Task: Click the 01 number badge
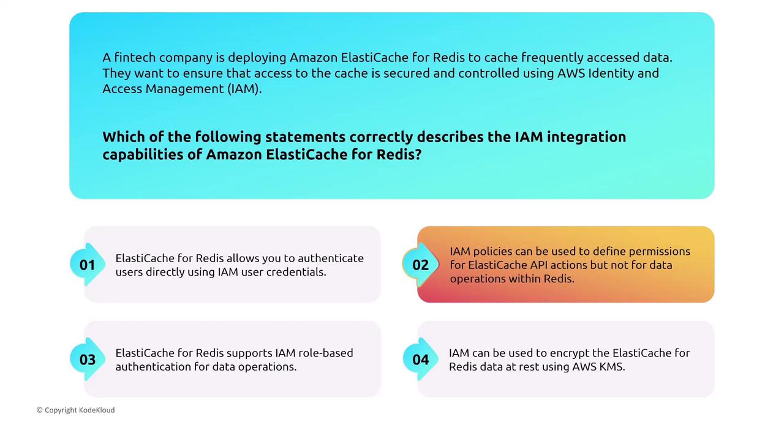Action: pyautogui.click(x=88, y=265)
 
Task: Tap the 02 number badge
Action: pyautogui.click(x=420, y=265)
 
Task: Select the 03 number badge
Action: pyautogui.click(x=88, y=360)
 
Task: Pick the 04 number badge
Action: pyautogui.click(x=420, y=360)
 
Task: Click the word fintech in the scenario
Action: pyautogui.click(x=135, y=57)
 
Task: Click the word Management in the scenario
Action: pyautogui.click(x=184, y=89)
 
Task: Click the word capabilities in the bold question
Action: pyautogui.click(x=143, y=155)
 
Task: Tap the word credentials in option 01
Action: pyautogui.click(x=296, y=272)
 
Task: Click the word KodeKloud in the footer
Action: pyautogui.click(x=97, y=410)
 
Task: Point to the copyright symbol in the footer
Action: pyautogui.click(x=40, y=410)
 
